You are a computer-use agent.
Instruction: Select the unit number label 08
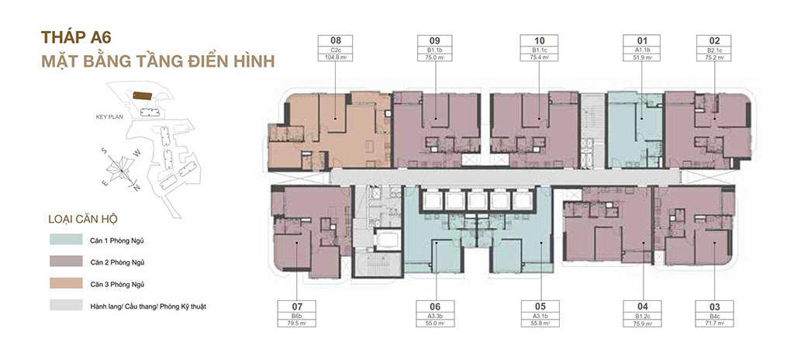pyautogui.click(x=335, y=40)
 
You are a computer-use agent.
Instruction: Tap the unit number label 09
pyautogui.click(x=434, y=40)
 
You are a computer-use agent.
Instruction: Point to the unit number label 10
pyautogui.click(x=540, y=40)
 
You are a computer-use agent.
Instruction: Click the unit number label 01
pyautogui.click(x=641, y=40)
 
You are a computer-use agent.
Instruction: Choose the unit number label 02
pyautogui.click(x=714, y=40)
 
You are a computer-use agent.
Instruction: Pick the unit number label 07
pyautogui.click(x=297, y=306)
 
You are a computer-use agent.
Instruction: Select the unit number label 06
pyautogui.click(x=434, y=306)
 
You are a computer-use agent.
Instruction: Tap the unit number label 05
pyautogui.click(x=540, y=306)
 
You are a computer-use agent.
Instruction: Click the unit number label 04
pyautogui.click(x=641, y=306)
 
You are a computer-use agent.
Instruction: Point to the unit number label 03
pyautogui.click(x=714, y=306)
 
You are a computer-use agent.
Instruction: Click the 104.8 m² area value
pyautogui.click(x=335, y=57)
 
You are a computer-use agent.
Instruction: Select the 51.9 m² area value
pyautogui.click(x=641, y=57)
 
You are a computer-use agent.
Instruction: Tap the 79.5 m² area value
pyautogui.click(x=297, y=323)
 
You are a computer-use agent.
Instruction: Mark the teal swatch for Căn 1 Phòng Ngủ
pyautogui.click(x=62, y=241)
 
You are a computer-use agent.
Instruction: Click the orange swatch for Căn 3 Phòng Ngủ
pyautogui.click(x=62, y=284)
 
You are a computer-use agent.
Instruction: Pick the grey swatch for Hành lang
pyautogui.click(x=62, y=306)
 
